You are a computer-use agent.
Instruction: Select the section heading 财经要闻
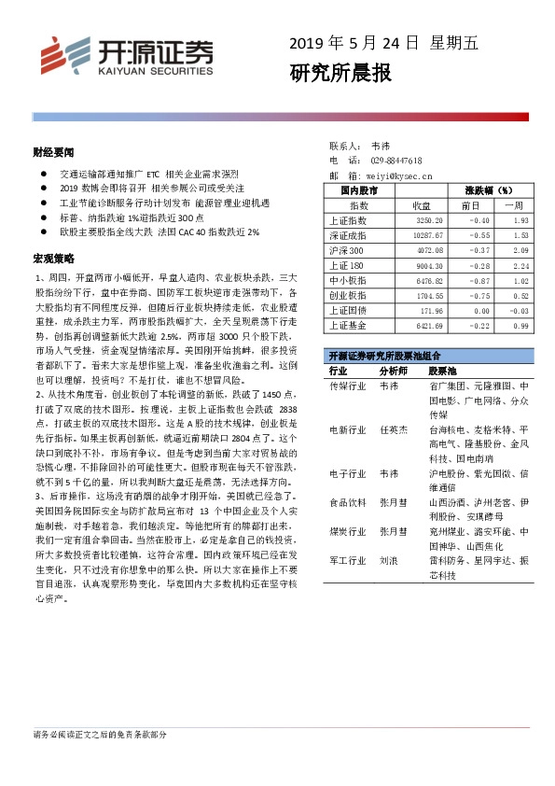pos(53,151)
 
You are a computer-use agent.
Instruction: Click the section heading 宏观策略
pos(53,256)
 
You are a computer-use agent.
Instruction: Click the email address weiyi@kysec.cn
pos(398,175)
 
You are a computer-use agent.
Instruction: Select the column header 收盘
pos(421,204)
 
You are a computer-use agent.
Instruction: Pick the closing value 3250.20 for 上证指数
pos(434,220)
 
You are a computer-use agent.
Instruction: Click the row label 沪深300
pos(347,250)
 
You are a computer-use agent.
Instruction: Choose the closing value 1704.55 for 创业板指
pos(434,295)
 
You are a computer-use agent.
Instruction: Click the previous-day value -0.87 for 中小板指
pos(479,280)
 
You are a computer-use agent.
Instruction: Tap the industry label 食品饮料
pos(347,501)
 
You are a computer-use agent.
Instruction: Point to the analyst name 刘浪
pos(389,563)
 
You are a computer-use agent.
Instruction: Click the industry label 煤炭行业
pos(347,532)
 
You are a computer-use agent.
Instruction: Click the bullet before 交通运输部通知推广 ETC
pos(44,175)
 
